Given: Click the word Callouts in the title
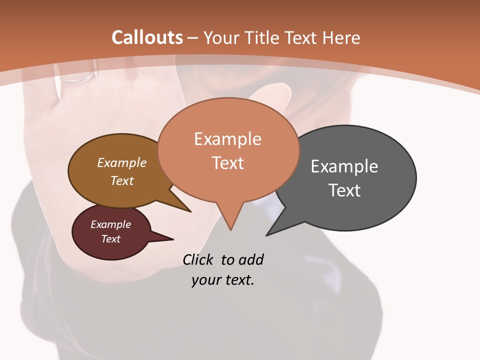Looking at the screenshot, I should coord(147,37).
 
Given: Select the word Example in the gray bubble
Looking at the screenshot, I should coord(344,166).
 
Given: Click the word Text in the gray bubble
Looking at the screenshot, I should coord(344,190).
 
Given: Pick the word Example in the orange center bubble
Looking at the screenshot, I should coord(227,138).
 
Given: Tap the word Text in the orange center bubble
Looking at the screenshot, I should coord(227,162).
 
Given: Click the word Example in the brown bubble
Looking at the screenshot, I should coord(121,162).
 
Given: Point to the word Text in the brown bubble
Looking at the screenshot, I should coord(121,180).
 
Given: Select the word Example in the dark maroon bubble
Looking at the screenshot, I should coord(110,224).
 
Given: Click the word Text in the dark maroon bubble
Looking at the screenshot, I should coord(110,239).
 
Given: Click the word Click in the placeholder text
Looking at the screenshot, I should coord(199,259).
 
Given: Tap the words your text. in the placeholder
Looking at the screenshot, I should coord(222,280).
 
